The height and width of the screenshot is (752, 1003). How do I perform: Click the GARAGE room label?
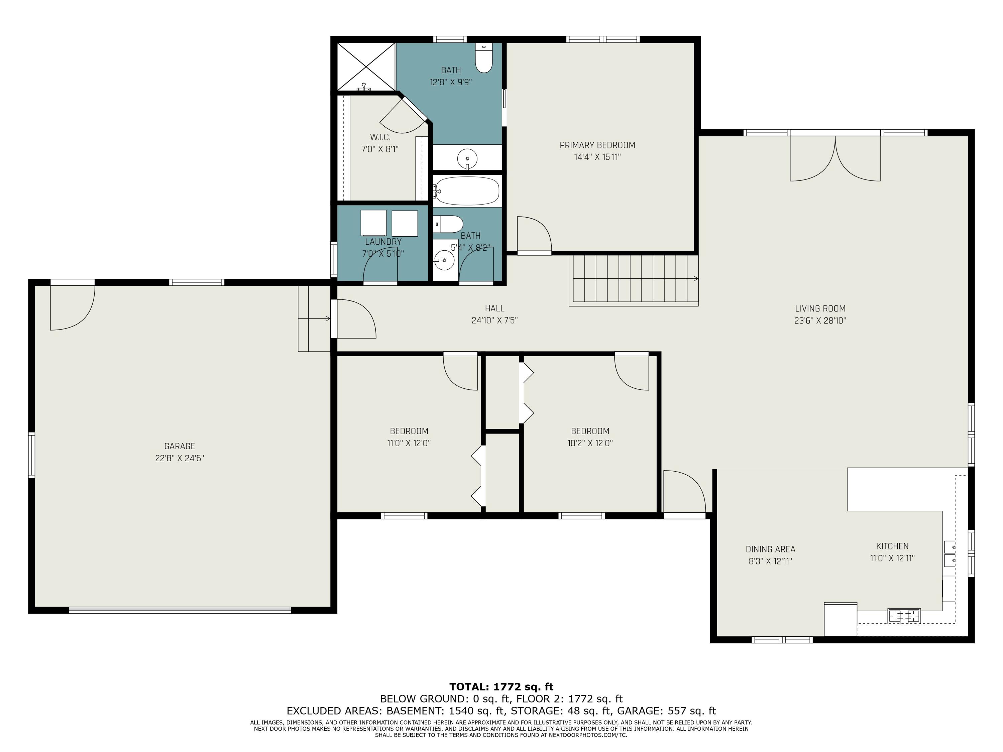pos(180,447)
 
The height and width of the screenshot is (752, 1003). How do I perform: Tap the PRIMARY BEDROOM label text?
pos(597,145)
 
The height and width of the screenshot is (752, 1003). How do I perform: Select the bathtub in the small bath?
pos(467,191)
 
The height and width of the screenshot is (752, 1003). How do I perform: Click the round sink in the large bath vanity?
pos(467,159)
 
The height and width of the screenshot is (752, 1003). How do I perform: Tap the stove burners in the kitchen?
pos(904,616)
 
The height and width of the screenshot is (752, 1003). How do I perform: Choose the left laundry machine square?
pos(374,223)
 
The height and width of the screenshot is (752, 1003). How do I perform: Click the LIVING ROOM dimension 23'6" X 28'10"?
pos(820,321)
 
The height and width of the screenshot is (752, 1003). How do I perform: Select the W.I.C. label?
pos(380,137)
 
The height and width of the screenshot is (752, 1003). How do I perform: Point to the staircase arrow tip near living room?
pos(697,279)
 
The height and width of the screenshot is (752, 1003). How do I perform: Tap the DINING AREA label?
pos(770,549)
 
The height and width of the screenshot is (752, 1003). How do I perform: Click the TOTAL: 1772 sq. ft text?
pos(501,687)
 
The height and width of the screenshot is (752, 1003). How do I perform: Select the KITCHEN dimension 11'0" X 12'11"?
pos(892,558)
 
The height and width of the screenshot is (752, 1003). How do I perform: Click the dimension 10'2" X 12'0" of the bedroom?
pos(590,443)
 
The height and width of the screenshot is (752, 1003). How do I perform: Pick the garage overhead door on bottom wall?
pos(180,610)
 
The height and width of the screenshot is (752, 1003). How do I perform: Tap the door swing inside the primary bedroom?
pos(534,234)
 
